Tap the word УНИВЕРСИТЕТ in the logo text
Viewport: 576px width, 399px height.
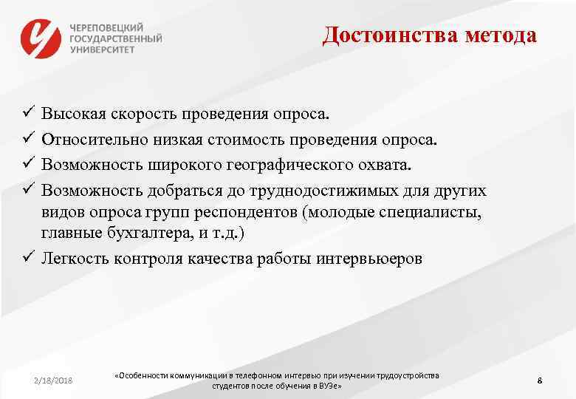click(103, 50)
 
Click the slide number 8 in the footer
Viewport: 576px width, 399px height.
click(540, 381)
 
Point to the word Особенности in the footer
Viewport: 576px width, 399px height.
click(144, 376)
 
